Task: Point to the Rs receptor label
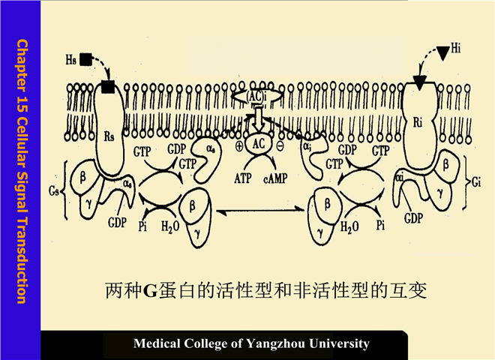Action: [x=109, y=137]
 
